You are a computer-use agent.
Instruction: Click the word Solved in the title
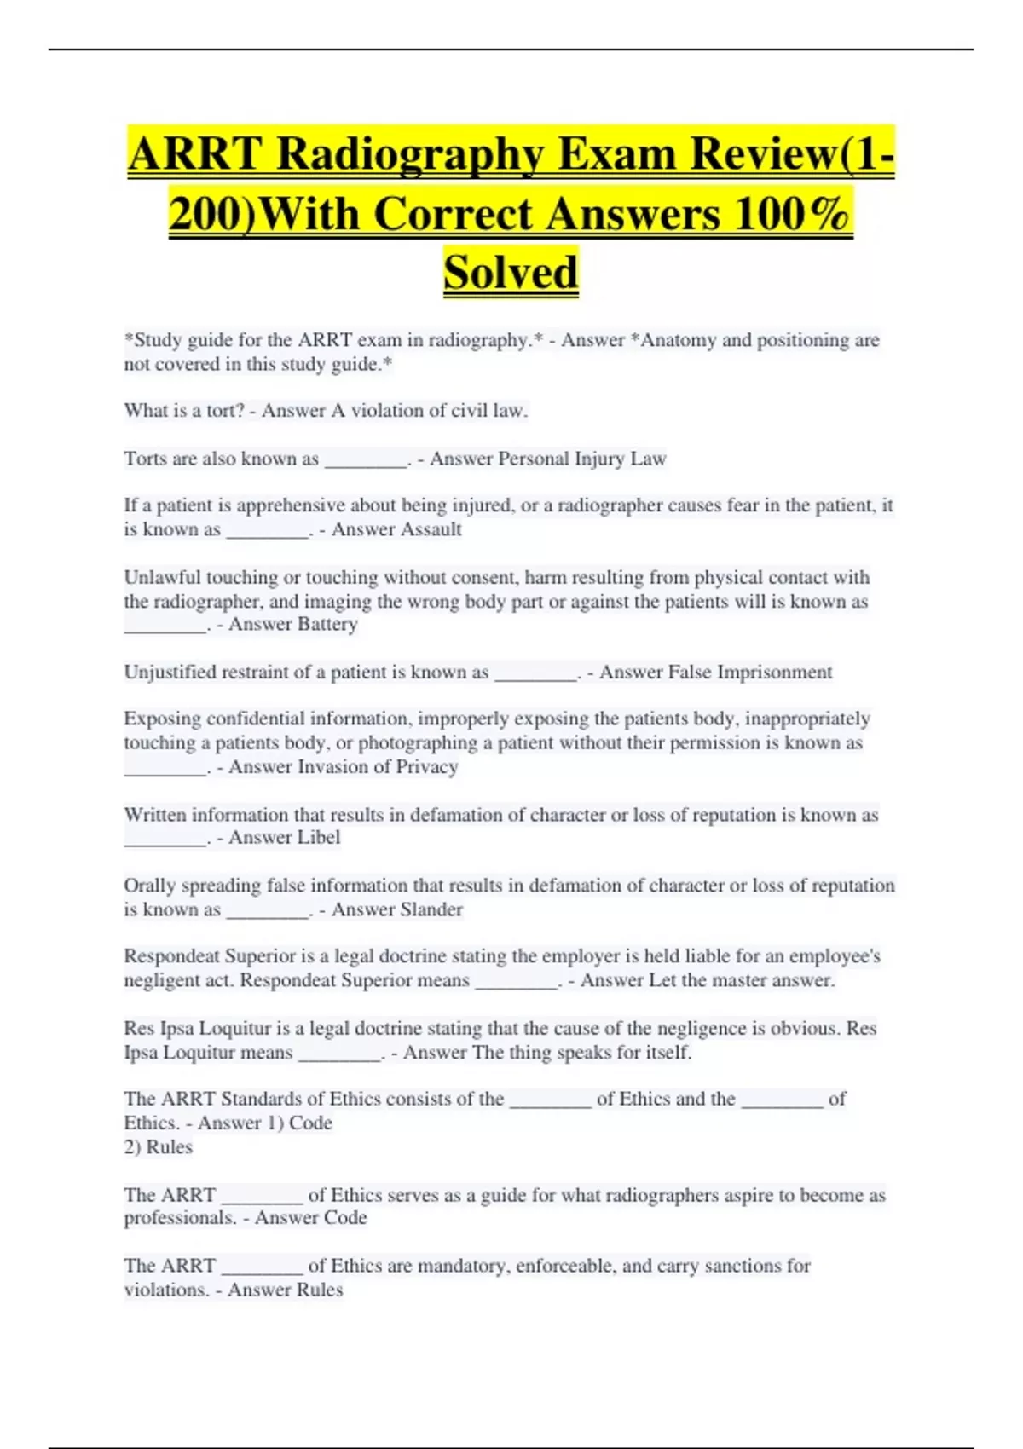click(x=511, y=273)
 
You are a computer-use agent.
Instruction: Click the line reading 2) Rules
click(x=159, y=1147)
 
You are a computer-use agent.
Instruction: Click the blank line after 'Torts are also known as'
click(x=366, y=460)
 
